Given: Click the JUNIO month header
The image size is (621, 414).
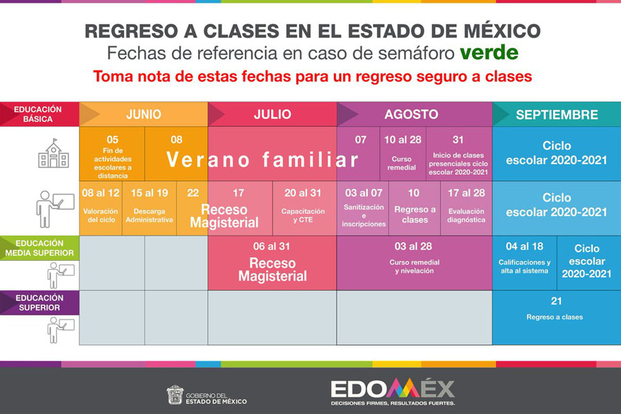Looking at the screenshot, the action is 144,115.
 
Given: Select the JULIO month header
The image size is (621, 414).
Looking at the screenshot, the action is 273,115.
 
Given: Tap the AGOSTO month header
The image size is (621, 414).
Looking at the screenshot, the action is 411,115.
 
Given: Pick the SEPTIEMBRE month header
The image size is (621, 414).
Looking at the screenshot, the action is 557,115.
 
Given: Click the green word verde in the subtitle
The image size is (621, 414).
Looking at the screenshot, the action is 489,52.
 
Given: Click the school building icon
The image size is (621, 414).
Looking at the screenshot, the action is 53,153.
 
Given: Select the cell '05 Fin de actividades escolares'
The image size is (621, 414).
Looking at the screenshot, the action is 112,154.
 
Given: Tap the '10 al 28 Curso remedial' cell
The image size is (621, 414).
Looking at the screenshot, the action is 403,154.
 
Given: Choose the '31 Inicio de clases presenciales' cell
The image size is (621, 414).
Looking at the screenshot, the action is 459,154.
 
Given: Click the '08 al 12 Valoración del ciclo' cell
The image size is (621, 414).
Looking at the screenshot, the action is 101,208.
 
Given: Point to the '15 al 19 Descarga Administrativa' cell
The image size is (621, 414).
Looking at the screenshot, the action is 149,208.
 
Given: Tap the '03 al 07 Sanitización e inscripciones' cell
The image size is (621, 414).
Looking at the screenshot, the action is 363,208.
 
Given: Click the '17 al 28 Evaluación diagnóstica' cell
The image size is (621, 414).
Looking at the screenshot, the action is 466,208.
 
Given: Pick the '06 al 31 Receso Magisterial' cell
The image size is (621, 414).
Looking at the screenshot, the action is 273,263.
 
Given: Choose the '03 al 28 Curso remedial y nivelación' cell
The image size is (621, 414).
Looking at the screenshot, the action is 414,263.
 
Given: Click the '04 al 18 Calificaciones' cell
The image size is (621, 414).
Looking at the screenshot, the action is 525,263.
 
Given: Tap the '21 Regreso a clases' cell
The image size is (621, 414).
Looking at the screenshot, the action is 556,317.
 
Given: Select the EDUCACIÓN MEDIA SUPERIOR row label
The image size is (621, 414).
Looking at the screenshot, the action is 39,248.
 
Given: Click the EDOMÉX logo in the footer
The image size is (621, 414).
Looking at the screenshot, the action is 393,391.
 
